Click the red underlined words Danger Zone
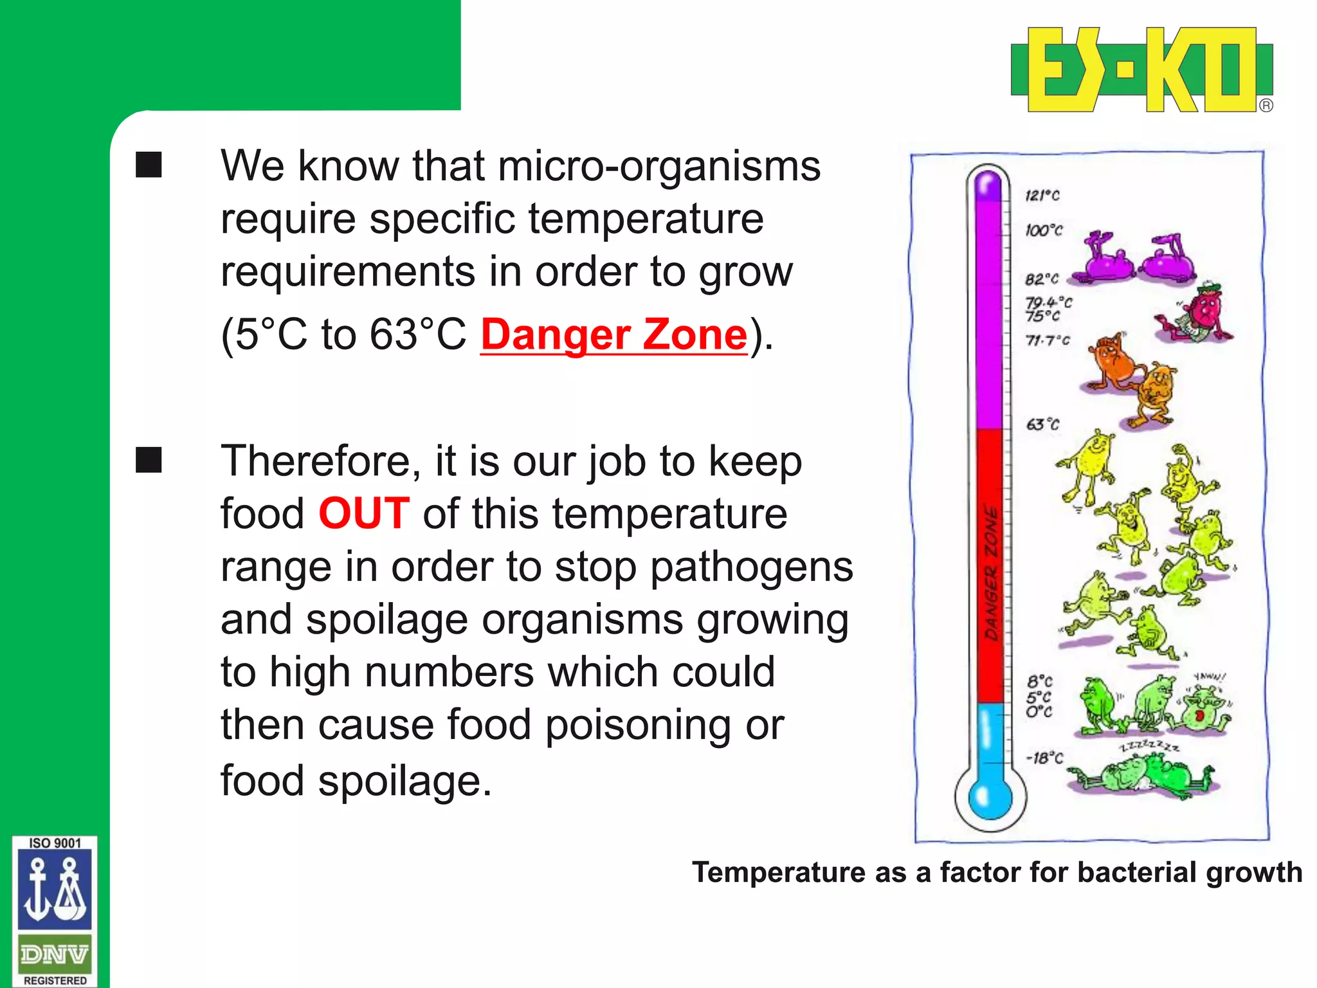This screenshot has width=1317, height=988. tap(613, 335)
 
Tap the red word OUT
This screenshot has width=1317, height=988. tap(364, 514)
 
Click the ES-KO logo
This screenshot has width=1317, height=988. tap(1141, 69)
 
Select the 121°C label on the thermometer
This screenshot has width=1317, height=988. tap(1042, 195)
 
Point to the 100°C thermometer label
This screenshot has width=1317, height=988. tap(1044, 230)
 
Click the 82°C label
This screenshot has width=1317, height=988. tap(1041, 279)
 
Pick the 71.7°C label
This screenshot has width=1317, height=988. tap(1048, 340)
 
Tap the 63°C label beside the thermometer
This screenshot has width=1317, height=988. tap(1042, 425)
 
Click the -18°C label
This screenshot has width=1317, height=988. tap(1044, 758)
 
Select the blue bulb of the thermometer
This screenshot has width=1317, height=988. tap(990, 798)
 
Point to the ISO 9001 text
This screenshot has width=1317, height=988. tap(55, 843)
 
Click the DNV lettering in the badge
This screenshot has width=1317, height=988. tap(55, 955)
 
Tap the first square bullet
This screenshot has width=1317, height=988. tap(149, 165)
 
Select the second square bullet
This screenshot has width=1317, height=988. tap(149, 460)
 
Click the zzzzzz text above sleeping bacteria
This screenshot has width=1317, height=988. tap(1149, 746)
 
